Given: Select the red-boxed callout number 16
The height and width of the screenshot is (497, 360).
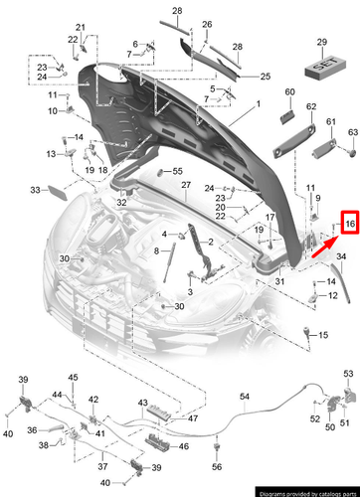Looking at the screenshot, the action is pos(348,226).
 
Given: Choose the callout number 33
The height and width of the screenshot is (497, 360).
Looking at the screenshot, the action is pos(34,189).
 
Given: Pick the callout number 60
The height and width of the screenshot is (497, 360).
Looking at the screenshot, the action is pos(290,92).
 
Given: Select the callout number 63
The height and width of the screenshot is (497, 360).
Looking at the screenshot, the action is pos(351,132).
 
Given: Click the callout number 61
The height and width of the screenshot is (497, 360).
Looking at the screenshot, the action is pos(330,122).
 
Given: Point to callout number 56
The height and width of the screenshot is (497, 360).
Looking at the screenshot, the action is pos(214,467).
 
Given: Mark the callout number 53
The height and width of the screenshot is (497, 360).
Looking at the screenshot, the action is pos(348,373).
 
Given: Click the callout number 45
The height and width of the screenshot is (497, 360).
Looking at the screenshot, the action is pos(72,378).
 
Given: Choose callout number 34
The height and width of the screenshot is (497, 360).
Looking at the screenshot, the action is pos(341,256).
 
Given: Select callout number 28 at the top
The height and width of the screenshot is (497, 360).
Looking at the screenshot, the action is pos(177,10).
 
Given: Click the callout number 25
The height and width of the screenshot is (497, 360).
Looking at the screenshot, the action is pos(266,77).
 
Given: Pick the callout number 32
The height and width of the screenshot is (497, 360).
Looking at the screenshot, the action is pos(122,202).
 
